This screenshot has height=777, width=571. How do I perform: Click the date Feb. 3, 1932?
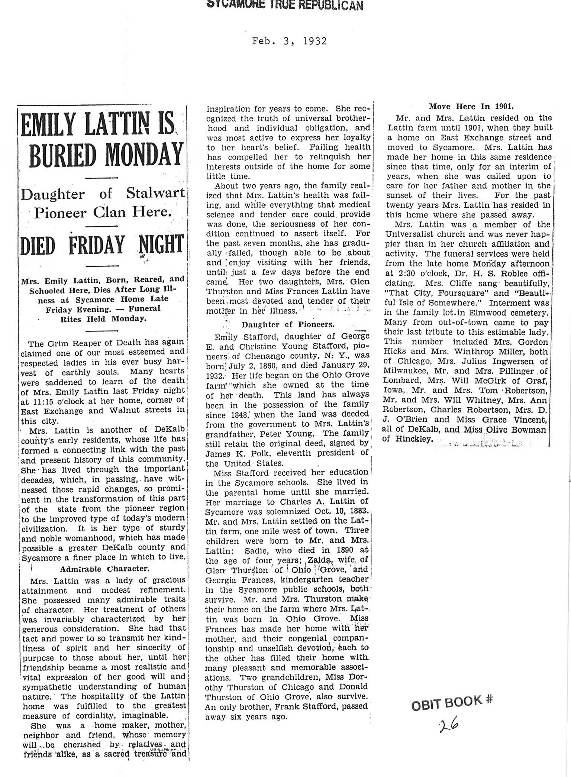point(290,41)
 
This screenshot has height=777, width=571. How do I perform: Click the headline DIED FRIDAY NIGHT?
point(102,246)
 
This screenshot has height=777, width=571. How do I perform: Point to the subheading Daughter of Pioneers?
point(288,324)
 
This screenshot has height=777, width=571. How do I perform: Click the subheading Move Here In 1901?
point(471,107)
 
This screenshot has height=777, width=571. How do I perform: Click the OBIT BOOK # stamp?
point(451,702)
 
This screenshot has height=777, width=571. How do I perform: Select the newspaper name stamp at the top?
point(285,5)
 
